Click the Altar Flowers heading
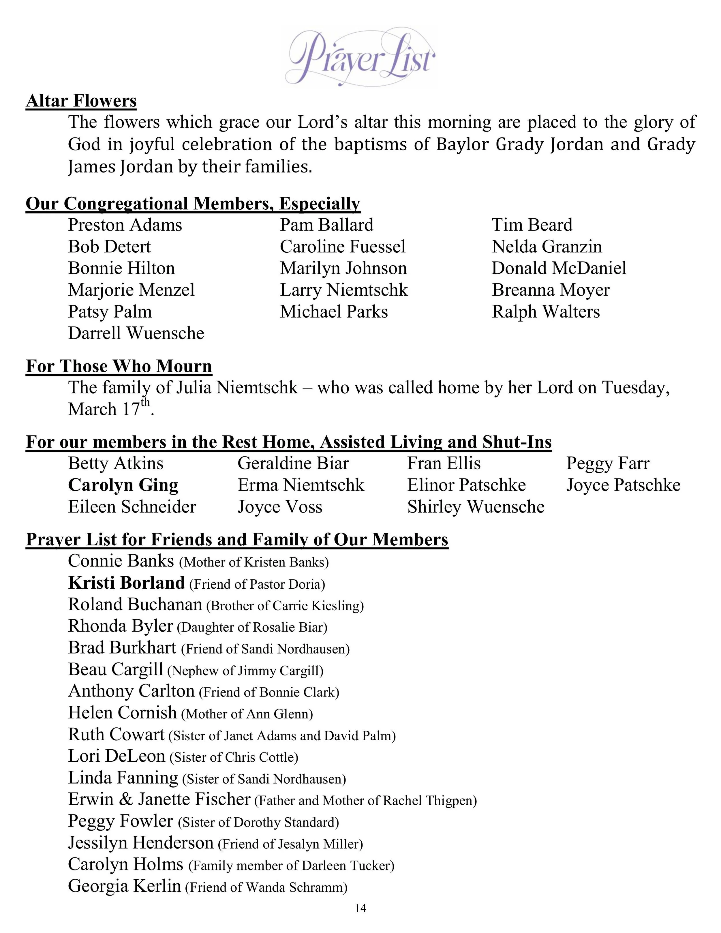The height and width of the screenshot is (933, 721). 81,101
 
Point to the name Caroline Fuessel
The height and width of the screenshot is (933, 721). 343,247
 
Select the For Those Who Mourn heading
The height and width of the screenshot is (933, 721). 119,367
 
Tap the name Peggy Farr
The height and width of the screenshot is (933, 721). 607,463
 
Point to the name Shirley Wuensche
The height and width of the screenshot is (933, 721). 475,507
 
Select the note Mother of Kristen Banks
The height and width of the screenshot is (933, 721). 254,562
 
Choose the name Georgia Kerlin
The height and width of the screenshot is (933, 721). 124,886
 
